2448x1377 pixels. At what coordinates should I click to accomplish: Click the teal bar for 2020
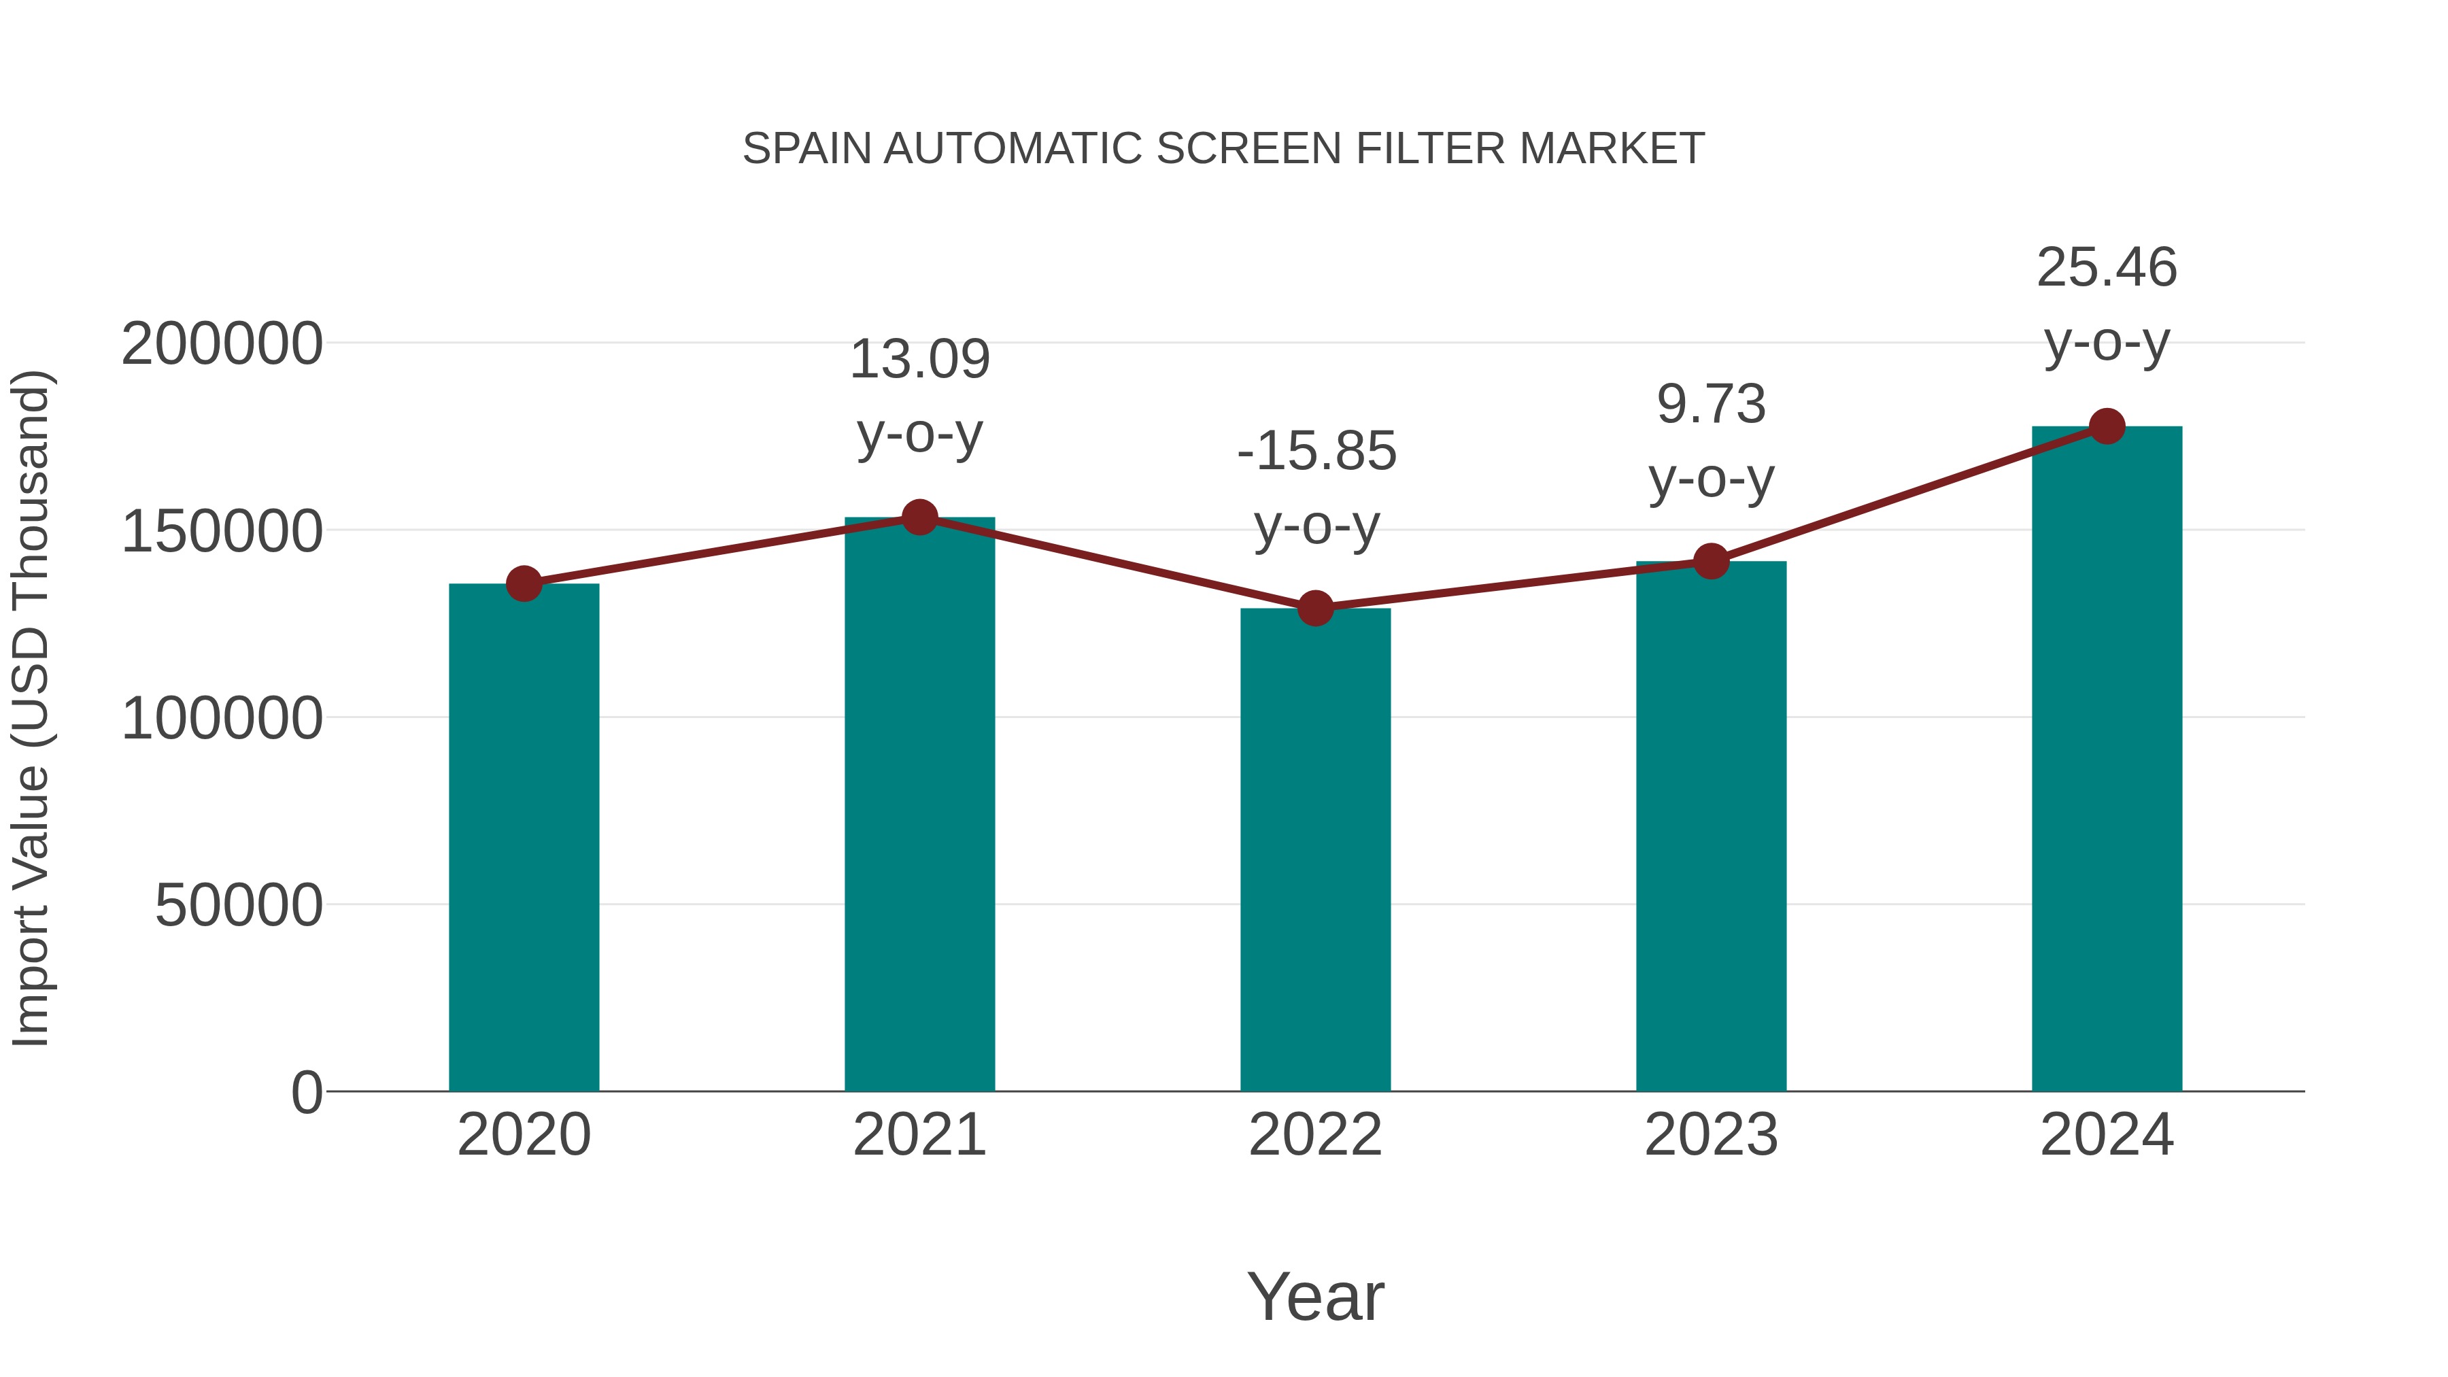(x=524, y=836)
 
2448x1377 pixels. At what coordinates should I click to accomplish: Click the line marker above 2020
(x=524, y=583)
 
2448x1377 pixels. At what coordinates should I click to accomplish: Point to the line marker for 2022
(x=1315, y=608)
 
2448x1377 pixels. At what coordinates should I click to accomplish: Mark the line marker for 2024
(x=2107, y=426)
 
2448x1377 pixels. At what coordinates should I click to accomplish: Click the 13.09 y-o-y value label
(x=919, y=360)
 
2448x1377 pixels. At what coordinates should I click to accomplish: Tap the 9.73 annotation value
(x=1711, y=405)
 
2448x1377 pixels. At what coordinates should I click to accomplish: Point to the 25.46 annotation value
(x=2107, y=268)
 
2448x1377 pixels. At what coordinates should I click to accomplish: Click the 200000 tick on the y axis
(x=222, y=344)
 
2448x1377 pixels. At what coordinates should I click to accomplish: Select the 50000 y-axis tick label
(x=239, y=906)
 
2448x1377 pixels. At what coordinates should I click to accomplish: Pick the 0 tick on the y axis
(x=307, y=1093)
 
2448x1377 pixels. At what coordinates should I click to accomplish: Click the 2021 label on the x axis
(x=919, y=1136)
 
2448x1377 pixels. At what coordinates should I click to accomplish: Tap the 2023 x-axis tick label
(x=1711, y=1136)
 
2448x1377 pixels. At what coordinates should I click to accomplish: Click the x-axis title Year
(x=1315, y=1297)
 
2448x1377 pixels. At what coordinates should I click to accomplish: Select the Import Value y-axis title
(x=31, y=708)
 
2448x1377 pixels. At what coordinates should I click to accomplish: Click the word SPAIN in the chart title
(x=806, y=149)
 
